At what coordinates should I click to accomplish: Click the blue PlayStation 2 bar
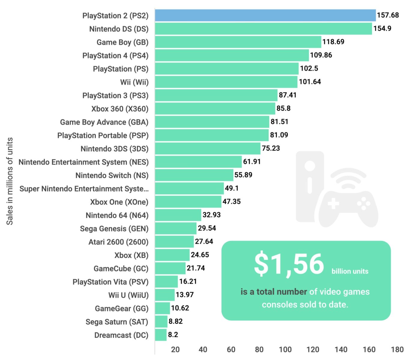coord(265,15)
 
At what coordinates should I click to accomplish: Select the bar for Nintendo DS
coord(263,29)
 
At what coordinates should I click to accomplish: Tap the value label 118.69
coord(333,42)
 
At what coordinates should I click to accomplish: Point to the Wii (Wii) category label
coord(134,82)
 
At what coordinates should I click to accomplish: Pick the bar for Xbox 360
coord(215,109)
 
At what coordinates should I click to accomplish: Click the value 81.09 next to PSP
coord(279,135)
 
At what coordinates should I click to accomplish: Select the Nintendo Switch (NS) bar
coord(194,175)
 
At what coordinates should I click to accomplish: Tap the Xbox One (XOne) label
coord(119,202)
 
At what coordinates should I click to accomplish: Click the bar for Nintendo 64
coord(178,215)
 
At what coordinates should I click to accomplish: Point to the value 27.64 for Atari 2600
coord(204,241)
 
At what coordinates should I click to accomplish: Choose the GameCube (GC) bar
coord(170,268)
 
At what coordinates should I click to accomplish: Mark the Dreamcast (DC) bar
coord(161,335)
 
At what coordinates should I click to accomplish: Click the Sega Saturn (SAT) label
coord(117,322)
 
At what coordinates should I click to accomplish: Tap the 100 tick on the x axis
coord(285,349)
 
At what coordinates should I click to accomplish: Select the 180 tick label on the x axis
coord(397,349)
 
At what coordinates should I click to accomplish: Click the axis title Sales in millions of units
coord(10,181)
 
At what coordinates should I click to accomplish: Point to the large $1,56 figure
coord(289,264)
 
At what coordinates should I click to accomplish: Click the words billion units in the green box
coord(350,271)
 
